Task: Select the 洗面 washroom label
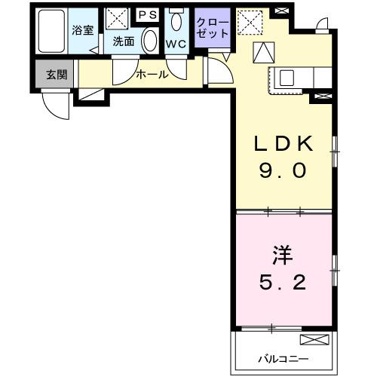[123, 42]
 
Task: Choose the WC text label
[176, 44]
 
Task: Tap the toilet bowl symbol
[176, 20]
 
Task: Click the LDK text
[282, 144]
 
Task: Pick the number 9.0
[282, 172]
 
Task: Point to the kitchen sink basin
[287, 76]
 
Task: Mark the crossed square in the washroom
[117, 20]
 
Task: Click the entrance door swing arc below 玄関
[54, 106]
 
